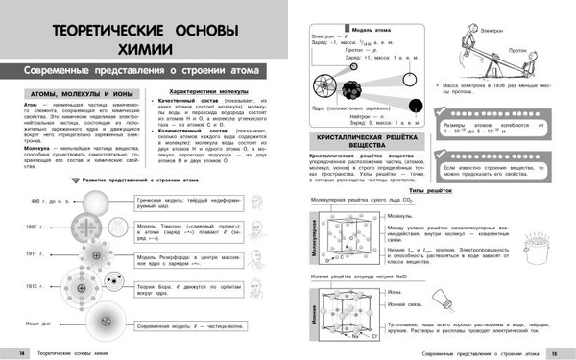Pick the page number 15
pos(566,351)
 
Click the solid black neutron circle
pos(413,107)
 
